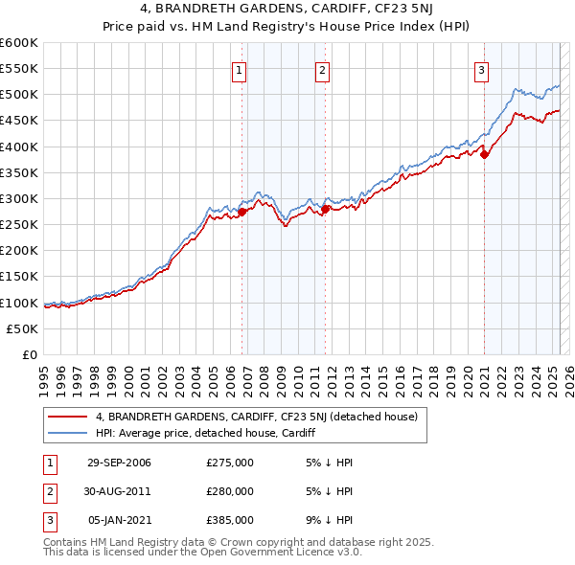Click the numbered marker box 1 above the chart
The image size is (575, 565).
coord(238,69)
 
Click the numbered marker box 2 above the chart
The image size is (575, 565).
coord(322,69)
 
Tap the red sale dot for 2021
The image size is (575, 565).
coord(484,153)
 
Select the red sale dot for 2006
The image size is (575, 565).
coord(241,212)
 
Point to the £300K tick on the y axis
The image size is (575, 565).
coord(22,198)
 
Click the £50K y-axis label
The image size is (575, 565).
coord(22,328)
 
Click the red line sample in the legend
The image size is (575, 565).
coord(67,418)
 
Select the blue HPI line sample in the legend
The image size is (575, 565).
coord(67,433)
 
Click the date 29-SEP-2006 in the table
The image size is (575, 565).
coord(119,463)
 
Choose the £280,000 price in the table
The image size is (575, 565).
coord(230,491)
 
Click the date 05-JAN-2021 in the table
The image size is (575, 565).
coord(119,520)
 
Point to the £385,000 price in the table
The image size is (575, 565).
coord(230,520)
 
